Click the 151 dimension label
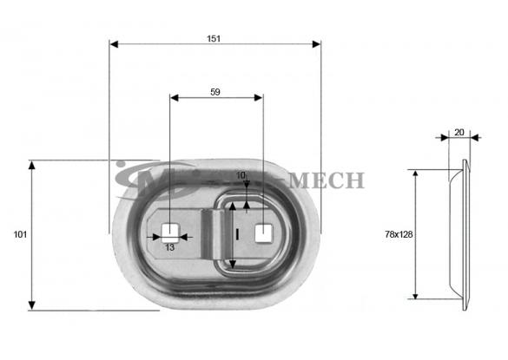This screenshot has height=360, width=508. click(214, 39)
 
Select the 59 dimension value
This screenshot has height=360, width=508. click(215, 92)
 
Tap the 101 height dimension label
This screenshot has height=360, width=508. click(20, 234)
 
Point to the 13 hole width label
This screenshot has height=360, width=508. click(169, 247)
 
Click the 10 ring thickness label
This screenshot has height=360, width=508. click(241, 175)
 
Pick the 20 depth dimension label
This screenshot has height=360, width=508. click(459, 133)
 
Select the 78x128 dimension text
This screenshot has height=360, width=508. click(399, 234)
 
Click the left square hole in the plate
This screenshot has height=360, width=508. click(169, 232)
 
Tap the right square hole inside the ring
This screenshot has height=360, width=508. click(264, 233)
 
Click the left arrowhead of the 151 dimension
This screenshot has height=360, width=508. click(114, 44)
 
